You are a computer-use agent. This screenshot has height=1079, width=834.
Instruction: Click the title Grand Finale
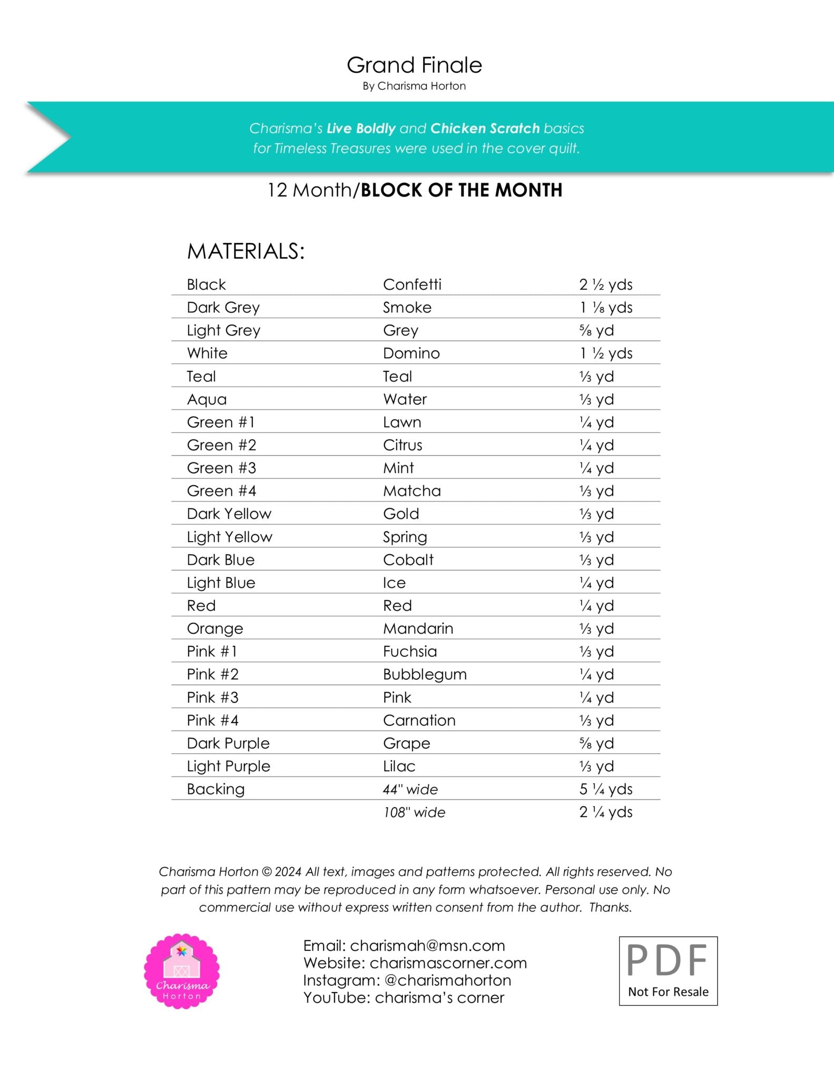point(414,65)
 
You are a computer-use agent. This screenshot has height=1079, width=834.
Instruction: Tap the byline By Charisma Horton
point(414,86)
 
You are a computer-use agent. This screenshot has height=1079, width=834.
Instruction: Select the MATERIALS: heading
point(246,251)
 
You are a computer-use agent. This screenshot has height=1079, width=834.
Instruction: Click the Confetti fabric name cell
point(412,285)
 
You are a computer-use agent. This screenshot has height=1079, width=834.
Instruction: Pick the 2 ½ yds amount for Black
point(605,285)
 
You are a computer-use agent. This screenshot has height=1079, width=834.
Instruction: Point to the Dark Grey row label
point(223,307)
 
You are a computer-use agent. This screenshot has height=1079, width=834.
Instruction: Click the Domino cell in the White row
point(411,353)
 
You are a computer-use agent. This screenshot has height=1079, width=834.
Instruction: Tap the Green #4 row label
point(221,491)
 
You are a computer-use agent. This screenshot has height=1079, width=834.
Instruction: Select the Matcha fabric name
point(411,491)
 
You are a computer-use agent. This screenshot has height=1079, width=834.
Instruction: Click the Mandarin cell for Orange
point(418,629)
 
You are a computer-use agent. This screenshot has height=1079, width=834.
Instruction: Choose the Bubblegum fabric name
point(425,674)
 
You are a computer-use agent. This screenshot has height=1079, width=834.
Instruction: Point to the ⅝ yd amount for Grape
point(596,743)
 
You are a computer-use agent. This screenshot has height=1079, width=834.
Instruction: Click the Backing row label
point(215,789)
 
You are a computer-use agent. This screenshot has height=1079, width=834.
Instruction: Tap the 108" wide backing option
point(414,812)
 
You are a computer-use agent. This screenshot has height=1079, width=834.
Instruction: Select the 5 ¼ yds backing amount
point(605,789)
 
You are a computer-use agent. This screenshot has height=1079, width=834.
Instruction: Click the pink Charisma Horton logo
point(182,972)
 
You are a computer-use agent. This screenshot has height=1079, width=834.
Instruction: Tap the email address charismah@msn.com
point(427,946)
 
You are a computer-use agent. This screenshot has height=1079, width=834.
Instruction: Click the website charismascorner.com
point(448,963)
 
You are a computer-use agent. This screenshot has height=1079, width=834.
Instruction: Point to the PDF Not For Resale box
point(668,971)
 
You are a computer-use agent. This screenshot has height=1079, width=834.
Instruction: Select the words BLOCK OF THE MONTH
point(461,190)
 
